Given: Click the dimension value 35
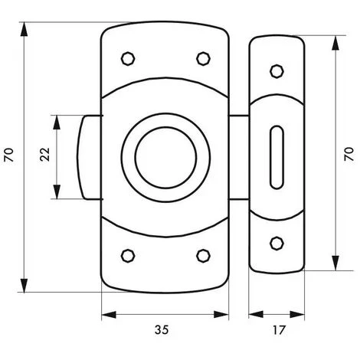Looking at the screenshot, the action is pyautogui.click(x=162, y=329).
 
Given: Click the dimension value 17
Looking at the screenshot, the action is pyautogui.click(x=278, y=330).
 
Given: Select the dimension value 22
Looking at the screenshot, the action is pyautogui.click(x=45, y=154).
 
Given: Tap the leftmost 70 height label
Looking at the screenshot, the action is pyautogui.click(x=8, y=155).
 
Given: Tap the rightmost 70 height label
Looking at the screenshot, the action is pyautogui.click(x=349, y=154).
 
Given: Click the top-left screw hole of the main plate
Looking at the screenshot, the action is pyautogui.click(x=128, y=59).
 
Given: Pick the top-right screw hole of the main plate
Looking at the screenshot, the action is pyautogui.click(x=204, y=59).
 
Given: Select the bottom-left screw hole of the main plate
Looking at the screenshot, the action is pyautogui.click(x=128, y=256).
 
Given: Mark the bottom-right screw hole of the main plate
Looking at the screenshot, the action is pyautogui.click(x=204, y=256).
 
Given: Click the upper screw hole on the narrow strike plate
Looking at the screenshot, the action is pyautogui.click(x=277, y=71).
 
